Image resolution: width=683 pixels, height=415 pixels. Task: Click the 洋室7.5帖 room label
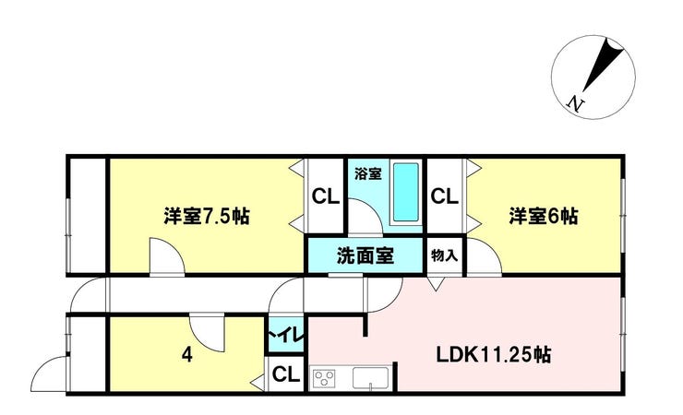(207, 216)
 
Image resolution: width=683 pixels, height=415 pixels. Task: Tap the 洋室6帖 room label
(544, 216)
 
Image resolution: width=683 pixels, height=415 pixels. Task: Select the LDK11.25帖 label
(494, 355)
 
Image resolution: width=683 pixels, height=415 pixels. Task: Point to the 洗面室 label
(365, 255)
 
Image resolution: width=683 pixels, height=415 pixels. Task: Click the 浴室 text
(368, 174)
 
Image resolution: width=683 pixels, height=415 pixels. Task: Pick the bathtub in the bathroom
(406, 192)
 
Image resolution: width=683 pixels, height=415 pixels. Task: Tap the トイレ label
(286, 337)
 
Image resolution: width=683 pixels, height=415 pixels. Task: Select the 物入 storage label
(444, 255)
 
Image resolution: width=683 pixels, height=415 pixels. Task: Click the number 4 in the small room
(186, 355)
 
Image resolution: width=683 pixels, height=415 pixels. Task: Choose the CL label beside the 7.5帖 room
(326, 197)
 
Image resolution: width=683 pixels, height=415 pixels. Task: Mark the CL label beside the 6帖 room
(444, 196)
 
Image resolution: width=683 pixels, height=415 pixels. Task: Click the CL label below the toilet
(286, 374)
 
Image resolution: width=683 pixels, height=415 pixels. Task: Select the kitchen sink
(371, 378)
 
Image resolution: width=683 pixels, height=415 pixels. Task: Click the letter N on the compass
(575, 104)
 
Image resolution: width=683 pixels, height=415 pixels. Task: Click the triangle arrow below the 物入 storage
(436, 284)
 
